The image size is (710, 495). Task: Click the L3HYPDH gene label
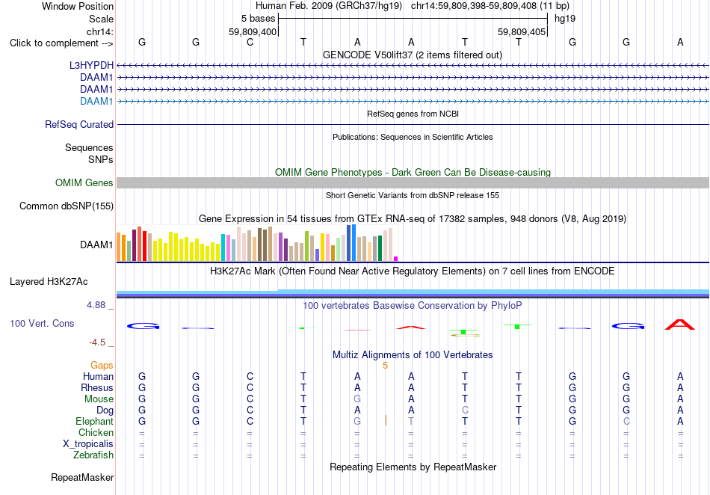coord(91,65)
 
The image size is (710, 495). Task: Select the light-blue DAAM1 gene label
coord(96,101)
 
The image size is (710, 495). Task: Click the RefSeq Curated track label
coord(79,125)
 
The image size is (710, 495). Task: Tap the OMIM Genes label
coord(84,182)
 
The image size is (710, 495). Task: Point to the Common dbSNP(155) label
coord(67,206)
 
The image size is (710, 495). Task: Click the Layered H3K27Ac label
coord(49,282)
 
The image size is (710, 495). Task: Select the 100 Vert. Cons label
coord(42,323)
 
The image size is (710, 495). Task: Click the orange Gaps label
coord(102,365)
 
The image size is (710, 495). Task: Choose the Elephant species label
coord(95,421)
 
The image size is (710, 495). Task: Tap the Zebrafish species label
coord(93,455)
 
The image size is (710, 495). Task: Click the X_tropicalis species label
coord(88,444)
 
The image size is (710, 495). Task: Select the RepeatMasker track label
coord(82,477)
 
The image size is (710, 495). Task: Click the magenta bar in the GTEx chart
coord(396,259)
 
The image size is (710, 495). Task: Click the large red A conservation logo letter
coord(679,325)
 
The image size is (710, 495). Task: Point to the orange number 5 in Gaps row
coord(386,366)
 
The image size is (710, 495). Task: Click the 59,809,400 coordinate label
coord(253,31)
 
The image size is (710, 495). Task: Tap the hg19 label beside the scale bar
coord(565,19)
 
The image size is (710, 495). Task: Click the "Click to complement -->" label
coord(61,43)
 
